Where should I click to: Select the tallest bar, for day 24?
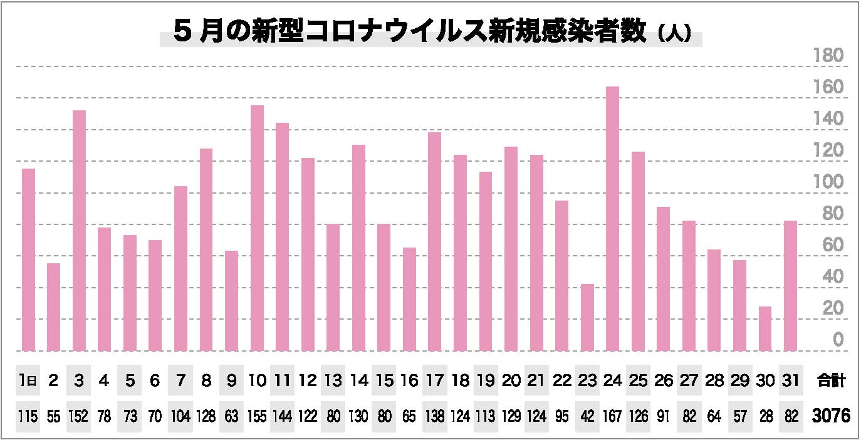click(x=612, y=219)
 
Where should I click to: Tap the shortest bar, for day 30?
click(x=764, y=328)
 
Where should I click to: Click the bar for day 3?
click(x=79, y=230)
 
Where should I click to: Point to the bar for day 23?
click(x=587, y=317)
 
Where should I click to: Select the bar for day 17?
click(x=434, y=241)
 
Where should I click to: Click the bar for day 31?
click(x=790, y=285)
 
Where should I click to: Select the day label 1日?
click(x=28, y=380)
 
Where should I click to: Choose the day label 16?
click(x=409, y=380)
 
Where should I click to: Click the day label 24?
click(x=612, y=380)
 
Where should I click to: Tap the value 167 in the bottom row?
click(x=612, y=417)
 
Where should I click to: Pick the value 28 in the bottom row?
click(x=764, y=417)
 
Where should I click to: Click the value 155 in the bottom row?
click(x=257, y=417)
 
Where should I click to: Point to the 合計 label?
click(x=831, y=380)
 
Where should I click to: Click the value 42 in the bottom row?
click(x=587, y=417)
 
